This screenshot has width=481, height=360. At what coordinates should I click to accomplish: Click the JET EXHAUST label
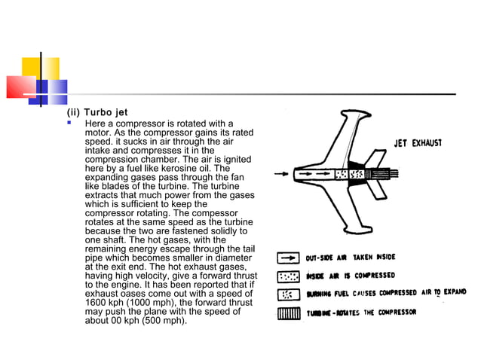point(418,142)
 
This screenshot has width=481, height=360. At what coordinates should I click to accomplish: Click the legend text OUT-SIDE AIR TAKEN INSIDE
point(350,258)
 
